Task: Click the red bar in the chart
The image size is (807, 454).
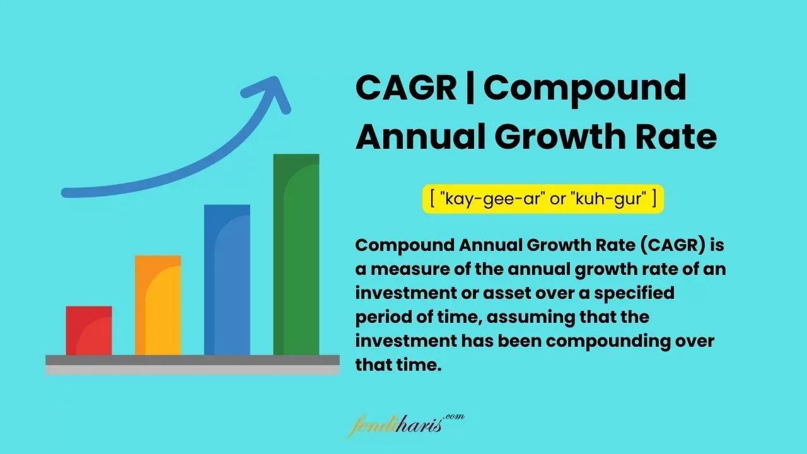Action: coord(89,330)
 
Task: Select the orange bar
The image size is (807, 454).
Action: coord(158,305)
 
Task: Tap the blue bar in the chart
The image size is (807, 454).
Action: coord(227,280)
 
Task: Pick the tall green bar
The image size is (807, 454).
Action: coord(296,255)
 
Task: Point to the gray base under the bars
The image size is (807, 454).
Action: coord(192,364)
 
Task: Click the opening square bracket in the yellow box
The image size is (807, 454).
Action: coord(433,199)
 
